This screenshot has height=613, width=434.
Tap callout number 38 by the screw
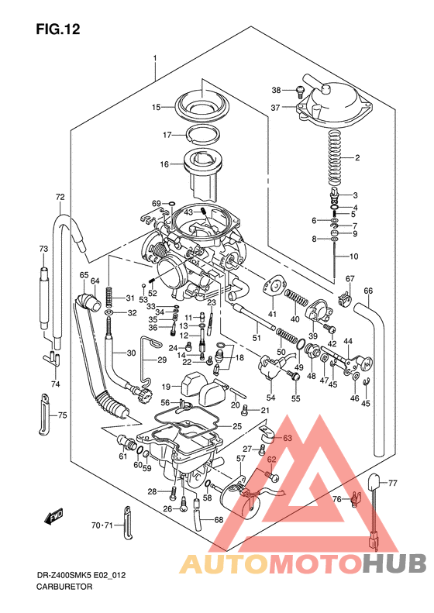coord(276,91)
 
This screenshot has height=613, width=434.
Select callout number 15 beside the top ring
coord(156,107)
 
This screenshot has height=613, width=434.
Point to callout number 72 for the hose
coord(60,198)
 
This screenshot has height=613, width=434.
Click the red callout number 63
coord(288,439)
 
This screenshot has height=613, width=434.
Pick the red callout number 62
coord(271,460)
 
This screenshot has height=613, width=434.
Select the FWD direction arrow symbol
coord(55,515)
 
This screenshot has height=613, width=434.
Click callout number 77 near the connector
coord(392,483)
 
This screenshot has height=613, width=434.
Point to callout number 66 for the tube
coord(368,291)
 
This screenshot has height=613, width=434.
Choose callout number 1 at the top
coord(155,59)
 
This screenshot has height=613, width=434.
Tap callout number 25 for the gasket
coord(237,427)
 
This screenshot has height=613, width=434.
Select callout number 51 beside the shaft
coord(257,338)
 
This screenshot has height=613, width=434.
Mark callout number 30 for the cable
coord(130,353)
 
